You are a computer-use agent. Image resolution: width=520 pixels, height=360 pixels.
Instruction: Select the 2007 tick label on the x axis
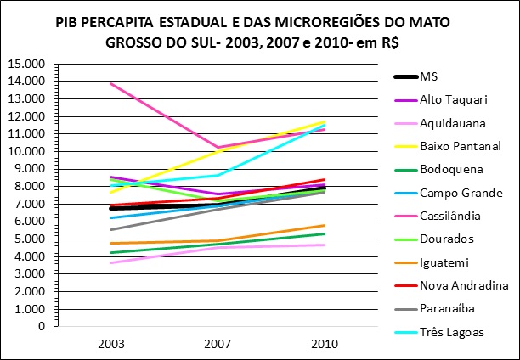(218, 344)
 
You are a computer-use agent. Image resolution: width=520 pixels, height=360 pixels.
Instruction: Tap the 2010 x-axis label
(325, 344)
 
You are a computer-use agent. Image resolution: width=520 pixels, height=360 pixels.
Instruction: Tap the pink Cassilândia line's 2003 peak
(111, 83)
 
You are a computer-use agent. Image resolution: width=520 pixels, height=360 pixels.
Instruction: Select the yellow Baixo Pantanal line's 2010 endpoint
(325, 121)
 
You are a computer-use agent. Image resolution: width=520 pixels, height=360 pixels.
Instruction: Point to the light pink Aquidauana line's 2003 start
(111, 262)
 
